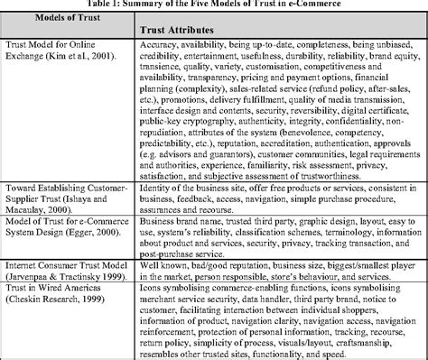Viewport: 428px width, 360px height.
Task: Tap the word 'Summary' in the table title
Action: click(187, 5)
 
